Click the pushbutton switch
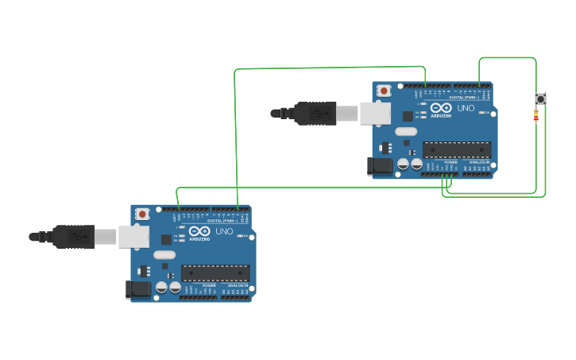tap(540, 99)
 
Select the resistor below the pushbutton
tap(535, 115)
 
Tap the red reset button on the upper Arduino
tap(384, 91)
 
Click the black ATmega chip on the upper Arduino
tap(456, 149)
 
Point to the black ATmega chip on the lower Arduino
tap(215, 273)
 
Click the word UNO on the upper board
tap(466, 107)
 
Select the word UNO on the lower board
tap(224, 231)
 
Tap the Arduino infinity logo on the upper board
tap(441, 107)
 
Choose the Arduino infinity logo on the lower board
tap(199, 231)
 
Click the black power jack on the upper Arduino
tap(379, 165)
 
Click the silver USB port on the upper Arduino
tap(375, 113)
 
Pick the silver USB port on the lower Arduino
tap(133, 236)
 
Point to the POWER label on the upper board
tap(450, 161)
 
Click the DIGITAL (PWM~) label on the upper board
tap(462, 98)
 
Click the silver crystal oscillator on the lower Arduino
tap(164, 255)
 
